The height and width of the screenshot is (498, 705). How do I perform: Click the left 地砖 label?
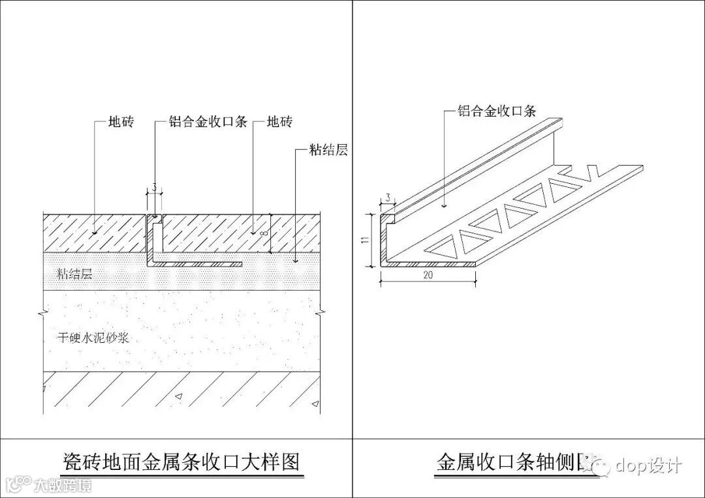point(121,123)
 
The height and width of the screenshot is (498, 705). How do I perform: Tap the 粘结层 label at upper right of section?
point(328,150)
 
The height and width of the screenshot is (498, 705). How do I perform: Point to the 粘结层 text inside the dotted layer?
point(74,274)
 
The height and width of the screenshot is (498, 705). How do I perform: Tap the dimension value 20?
point(428,275)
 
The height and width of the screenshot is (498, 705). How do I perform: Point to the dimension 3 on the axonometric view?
point(388,198)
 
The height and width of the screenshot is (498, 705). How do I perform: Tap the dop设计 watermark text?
point(648,465)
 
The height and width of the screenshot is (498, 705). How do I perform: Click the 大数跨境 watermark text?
point(63,485)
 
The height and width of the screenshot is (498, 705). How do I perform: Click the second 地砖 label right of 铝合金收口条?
point(279,123)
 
